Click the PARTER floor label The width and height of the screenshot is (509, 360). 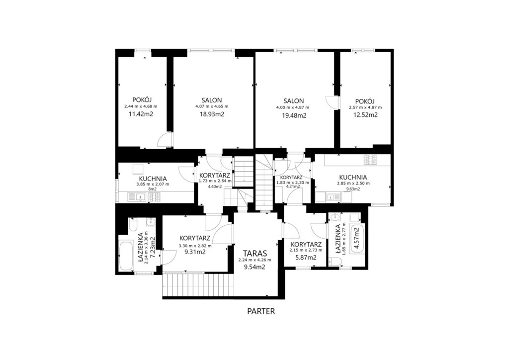tap(261, 311)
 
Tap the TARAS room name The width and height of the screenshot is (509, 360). tap(255, 253)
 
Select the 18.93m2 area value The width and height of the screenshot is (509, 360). tap(212, 114)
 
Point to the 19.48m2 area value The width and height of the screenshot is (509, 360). tap(294, 115)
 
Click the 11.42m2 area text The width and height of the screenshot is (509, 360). tap(141, 114)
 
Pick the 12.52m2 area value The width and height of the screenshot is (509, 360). tap(365, 114)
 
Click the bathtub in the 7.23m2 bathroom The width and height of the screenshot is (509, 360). tap(126, 256)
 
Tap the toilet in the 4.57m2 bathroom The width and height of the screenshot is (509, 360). tap(334, 262)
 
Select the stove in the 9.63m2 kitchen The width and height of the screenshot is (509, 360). tap(370, 160)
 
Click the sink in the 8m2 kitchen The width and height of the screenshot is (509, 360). tap(141, 197)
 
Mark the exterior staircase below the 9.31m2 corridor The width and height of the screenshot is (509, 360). tap(198, 284)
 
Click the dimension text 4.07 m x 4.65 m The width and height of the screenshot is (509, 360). tap(212, 106)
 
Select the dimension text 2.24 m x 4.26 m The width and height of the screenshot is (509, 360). tap(255, 260)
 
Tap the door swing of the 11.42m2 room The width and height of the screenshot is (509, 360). tap(165, 140)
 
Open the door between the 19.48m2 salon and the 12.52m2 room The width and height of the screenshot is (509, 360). tap(332, 101)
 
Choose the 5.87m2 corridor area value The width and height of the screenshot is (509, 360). tap(306, 258)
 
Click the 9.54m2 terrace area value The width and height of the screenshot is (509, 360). tap(255, 267)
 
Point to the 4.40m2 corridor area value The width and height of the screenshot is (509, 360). tap(215, 186)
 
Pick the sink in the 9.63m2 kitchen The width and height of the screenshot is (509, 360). tap(331, 197)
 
